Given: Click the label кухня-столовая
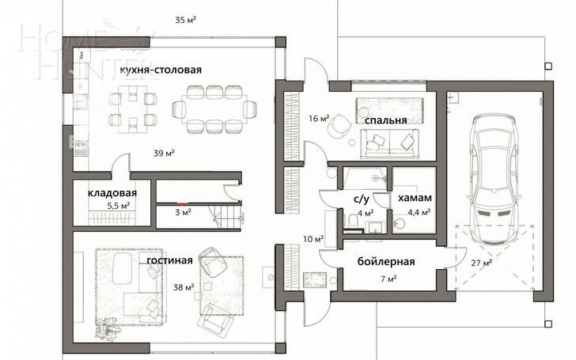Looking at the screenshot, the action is click(161, 70).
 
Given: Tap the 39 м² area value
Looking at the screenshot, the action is click(164, 153).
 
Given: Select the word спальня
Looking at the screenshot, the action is click(386, 120).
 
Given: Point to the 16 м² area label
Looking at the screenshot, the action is click(319, 119).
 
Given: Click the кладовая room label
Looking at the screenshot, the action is click(112, 193).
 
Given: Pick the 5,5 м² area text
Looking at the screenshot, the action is click(119, 206).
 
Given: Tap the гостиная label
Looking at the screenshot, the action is click(169, 260).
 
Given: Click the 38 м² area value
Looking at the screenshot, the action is click(184, 287).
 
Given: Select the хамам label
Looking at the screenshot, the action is click(415, 198).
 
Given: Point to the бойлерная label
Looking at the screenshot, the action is click(386, 262).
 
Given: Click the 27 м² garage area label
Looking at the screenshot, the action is click(482, 263).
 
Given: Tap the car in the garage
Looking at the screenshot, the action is click(494, 180).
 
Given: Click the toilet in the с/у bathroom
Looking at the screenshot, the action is click(354, 222).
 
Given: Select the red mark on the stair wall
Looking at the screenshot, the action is click(182, 203).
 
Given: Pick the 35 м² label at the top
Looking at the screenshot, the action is click(185, 20).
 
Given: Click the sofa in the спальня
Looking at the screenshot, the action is click(389, 144).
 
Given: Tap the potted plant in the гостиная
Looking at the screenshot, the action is click(107, 328).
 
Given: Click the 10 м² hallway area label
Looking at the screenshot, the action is click(313, 239).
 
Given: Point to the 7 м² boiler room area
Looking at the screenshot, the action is click(388, 279).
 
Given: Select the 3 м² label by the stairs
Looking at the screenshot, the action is click(183, 212).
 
